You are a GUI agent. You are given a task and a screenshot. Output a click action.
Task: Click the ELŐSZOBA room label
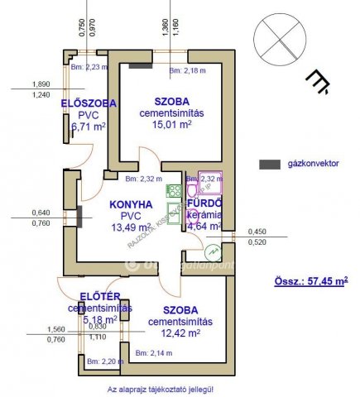click(x=88, y=103)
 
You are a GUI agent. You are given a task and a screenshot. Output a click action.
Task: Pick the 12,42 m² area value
click(x=181, y=332)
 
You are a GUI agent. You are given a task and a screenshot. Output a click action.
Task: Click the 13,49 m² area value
click(x=131, y=227)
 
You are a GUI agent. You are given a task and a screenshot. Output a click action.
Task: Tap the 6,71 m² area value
click(x=89, y=127)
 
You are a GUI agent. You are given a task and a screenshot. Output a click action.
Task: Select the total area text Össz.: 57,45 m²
click(x=310, y=281)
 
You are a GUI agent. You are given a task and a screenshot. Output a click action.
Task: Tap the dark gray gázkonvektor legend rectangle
click(x=270, y=165)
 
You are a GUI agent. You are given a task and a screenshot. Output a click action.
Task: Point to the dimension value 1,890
click(x=40, y=84)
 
